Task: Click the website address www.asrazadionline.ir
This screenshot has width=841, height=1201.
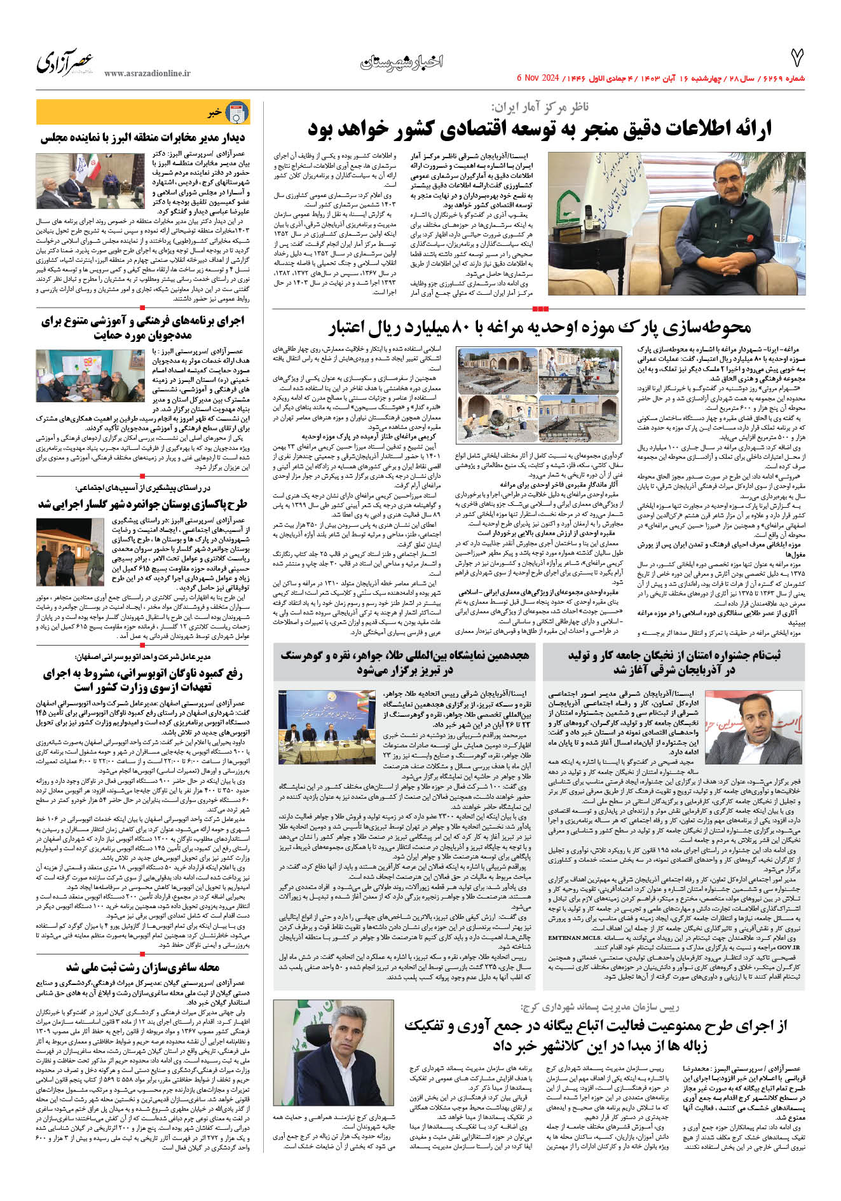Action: click(147, 74)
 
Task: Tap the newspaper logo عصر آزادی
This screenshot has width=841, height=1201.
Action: click(65, 62)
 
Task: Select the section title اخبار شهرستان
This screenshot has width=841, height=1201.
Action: click(402, 62)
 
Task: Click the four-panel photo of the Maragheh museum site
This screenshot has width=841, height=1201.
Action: click(538, 395)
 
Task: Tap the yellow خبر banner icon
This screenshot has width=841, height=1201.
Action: click(236, 113)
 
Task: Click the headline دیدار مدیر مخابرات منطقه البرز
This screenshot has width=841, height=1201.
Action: click(143, 138)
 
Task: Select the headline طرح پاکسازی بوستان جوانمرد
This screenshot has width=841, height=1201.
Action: click(143, 504)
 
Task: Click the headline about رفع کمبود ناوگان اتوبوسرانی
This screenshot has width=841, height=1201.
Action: click(143, 679)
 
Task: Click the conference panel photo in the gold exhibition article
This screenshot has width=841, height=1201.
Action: click(327, 727)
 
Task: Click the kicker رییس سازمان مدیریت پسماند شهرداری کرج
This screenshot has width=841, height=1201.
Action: click(599, 1007)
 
